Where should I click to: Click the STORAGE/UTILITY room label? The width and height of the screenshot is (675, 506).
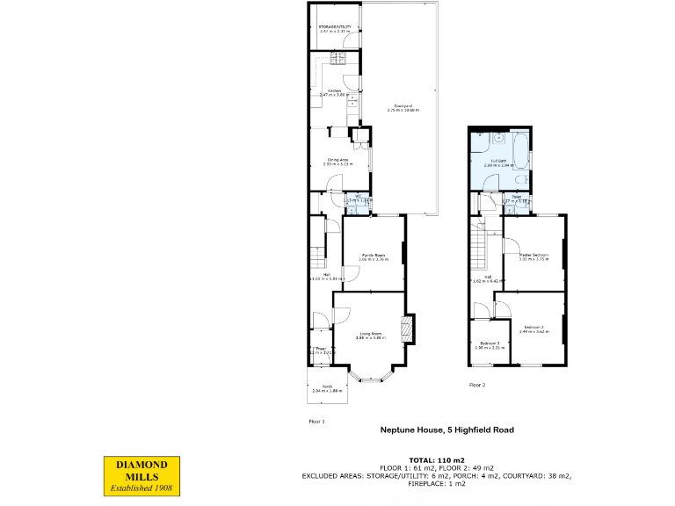click(335, 29)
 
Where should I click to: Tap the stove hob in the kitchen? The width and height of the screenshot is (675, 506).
click(339, 59)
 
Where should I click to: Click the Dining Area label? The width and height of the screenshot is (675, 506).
click(338, 162)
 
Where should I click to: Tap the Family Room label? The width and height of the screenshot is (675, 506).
click(374, 257)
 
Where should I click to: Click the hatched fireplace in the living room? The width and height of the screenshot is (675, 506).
click(405, 330)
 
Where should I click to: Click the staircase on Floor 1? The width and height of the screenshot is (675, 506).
click(317, 257)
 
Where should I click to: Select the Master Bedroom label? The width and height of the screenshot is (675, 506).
click(533, 257)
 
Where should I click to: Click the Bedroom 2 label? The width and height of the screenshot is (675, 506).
click(533, 329)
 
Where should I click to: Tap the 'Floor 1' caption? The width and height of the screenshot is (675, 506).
click(316, 422)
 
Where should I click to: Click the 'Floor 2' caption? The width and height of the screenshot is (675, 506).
click(477, 385)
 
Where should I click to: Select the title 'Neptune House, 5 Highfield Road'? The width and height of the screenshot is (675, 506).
click(446, 430)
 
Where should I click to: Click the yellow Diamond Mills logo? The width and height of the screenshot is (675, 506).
click(142, 474)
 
